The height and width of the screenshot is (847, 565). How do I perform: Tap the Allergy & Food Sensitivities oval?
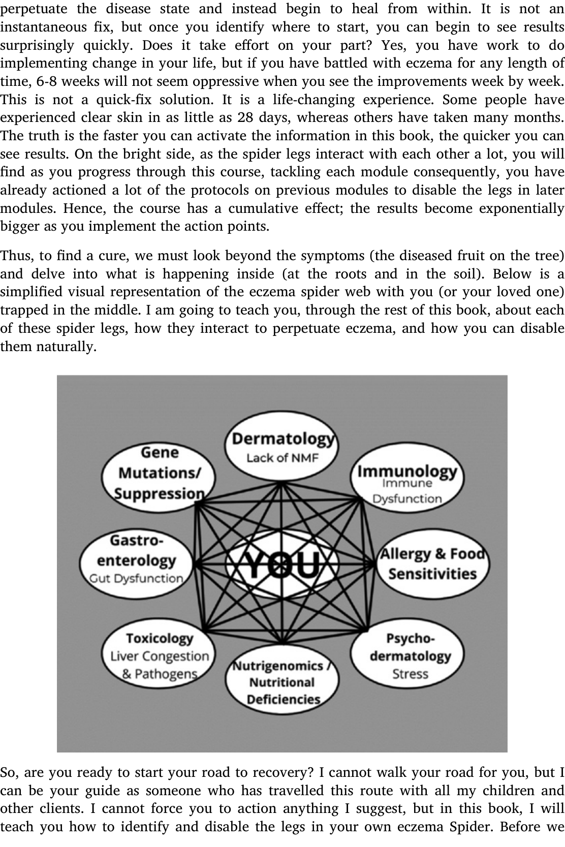432,564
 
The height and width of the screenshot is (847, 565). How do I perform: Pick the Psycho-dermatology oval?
410,656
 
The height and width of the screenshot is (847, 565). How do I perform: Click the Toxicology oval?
160,656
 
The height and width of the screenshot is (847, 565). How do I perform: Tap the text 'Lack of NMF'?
282,458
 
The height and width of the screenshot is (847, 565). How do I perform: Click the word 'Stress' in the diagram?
410,674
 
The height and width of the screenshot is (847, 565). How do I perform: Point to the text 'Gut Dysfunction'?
136,578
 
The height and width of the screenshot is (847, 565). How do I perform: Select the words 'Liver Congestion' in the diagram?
160,656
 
